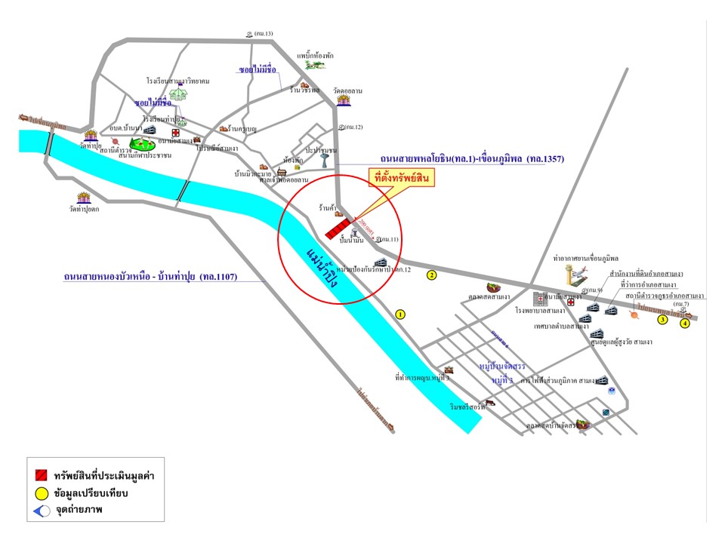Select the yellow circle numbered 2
pos(432,275)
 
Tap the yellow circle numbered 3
pos(662,320)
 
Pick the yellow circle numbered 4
pos(685,324)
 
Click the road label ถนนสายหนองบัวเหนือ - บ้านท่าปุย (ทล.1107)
pos(151,278)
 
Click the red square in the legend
pos(42,477)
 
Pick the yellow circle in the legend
pos(42,494)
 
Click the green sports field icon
pos(141,143)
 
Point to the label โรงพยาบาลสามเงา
pos(541,310)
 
